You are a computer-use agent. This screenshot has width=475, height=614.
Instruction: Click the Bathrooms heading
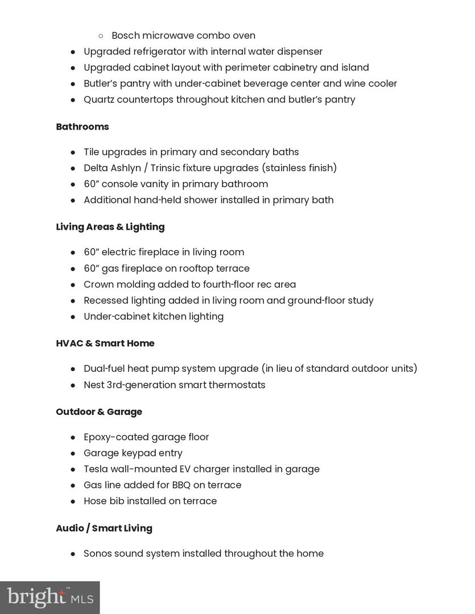(x=82, y=127)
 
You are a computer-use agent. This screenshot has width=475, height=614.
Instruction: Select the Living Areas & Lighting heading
(x=110, y=227)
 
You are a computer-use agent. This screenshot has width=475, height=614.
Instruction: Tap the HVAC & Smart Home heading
(x=105, y=343)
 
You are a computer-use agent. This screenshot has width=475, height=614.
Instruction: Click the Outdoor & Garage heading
(x=98, y=412)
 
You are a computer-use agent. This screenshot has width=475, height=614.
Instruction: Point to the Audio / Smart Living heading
(x=104, y=528)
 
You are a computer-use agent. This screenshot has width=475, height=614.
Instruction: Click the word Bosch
(x=125, y=35)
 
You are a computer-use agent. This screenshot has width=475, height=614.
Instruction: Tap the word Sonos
(x=97, y=553)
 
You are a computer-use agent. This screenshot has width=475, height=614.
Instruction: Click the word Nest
(x=94, y=385)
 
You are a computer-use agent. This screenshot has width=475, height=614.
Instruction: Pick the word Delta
(x=96, y=168)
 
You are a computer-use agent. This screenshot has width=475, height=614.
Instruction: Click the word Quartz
(x=99, y=99)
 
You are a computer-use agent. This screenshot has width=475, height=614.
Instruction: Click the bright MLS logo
(x=49, y=598)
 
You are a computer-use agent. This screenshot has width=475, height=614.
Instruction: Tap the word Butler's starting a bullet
(x=101, y=84)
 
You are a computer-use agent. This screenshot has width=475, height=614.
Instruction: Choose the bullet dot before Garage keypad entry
(x=73, y=454)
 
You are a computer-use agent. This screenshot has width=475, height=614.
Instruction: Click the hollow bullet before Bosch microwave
(x=101, y=36)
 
